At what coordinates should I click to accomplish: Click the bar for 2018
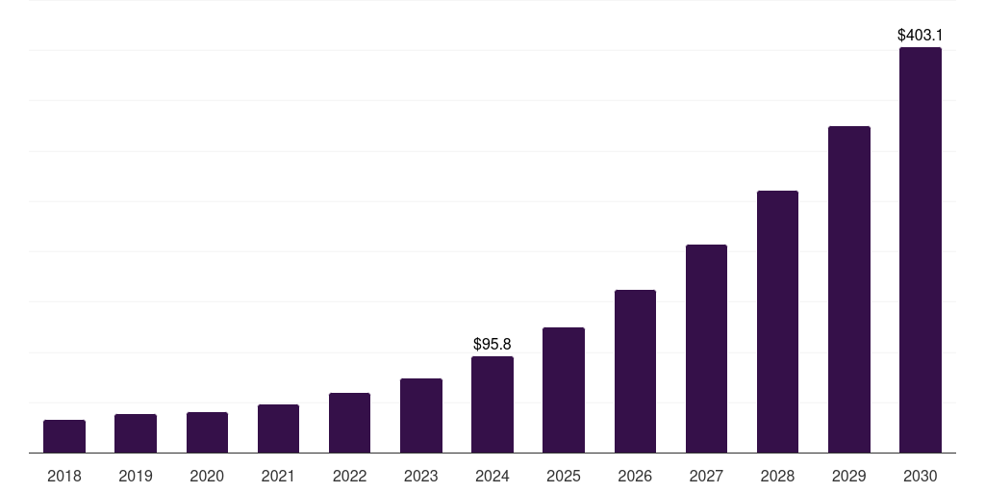click(64, 436)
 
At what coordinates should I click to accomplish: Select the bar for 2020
click(207, 432)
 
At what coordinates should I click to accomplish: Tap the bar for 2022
click(349, 423)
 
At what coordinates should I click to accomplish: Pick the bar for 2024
click(492, 404)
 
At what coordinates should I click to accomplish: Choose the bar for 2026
click(635, 371)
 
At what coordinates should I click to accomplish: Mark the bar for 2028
click(777, 322)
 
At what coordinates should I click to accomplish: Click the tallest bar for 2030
click(920, 250)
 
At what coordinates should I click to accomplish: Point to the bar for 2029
click(848, 289)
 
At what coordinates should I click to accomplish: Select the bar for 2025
click(564, 390)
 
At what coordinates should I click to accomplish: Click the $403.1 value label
click(920, 35)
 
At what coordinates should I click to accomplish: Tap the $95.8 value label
click(492, 344)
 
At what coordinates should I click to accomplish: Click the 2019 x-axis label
click(136, 476)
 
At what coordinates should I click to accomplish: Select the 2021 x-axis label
click(278, 476)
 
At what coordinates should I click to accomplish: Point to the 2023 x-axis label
click(420, 476)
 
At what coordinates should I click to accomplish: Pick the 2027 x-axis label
click(706, 476)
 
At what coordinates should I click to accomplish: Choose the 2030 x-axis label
click(920, 476)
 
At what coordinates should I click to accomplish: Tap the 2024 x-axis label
click(492, 476)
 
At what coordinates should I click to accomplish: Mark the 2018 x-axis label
click(64, 476)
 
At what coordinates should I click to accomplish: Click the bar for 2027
click(706, 349)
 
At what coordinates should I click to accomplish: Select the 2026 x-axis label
click(635, 476)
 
